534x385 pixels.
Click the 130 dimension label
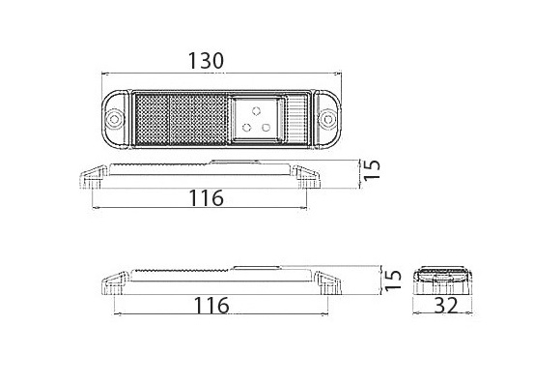point(206,61)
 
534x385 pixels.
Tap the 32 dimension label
point(446,306)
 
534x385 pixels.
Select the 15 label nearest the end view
point(393,280)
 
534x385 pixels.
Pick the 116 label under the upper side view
point(207,198)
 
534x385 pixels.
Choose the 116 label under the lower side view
point(211,306)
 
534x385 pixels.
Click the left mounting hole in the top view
point(114,119)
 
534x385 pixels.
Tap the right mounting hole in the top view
point(328,119)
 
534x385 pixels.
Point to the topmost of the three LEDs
point(257,110)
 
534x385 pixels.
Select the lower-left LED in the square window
point(246,128)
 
